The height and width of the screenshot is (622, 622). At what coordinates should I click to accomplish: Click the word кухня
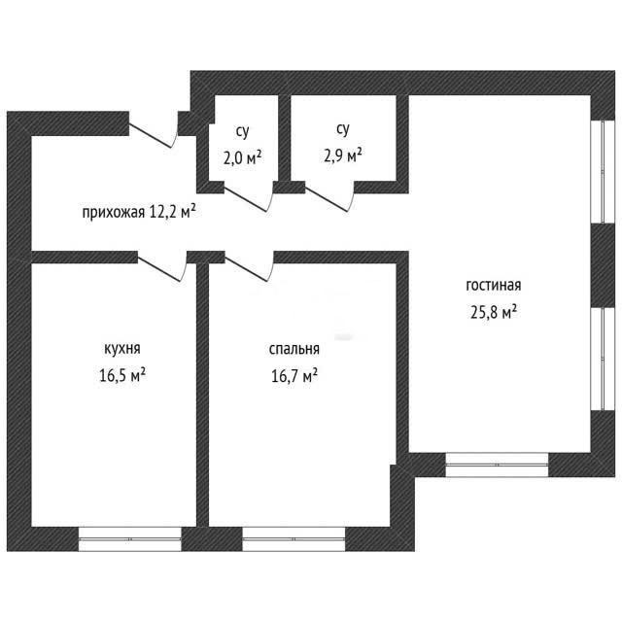[x=122, y=349]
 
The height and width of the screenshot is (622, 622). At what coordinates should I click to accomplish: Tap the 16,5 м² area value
[x=122, y=375]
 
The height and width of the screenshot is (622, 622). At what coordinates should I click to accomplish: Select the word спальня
[x=294, y=350]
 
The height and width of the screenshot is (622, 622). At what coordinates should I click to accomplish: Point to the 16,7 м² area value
[x=294, y=375]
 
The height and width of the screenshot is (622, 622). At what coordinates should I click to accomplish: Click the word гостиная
[x=494, y=286]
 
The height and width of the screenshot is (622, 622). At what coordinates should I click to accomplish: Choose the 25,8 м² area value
[x=494, y=312]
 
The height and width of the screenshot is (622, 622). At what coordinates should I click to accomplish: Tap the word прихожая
[x=114, y=213]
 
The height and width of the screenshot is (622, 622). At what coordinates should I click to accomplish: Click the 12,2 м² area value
[x=173, y=212]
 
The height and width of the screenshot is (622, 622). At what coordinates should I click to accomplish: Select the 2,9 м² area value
[x=343, y=156]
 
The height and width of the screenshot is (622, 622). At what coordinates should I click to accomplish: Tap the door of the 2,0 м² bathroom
[x=249, y=197]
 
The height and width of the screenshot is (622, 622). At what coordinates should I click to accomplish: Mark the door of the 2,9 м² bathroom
[x=329, y=197]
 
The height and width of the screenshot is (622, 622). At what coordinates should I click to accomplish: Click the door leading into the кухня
[x=162, y=266]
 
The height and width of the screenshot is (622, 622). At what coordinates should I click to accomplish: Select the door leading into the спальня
[x=249, y=266]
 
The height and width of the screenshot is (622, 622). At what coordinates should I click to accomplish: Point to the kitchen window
[x=129, y=539]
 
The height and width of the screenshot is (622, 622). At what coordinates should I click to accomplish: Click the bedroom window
[x=294, y=539]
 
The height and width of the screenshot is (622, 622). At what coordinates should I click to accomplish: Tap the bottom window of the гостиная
[x=497, y=465]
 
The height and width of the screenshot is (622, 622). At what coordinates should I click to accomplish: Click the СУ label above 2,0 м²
[x=242, y=132]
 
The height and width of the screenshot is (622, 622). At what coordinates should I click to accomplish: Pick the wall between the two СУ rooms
[x=284, y=139]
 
